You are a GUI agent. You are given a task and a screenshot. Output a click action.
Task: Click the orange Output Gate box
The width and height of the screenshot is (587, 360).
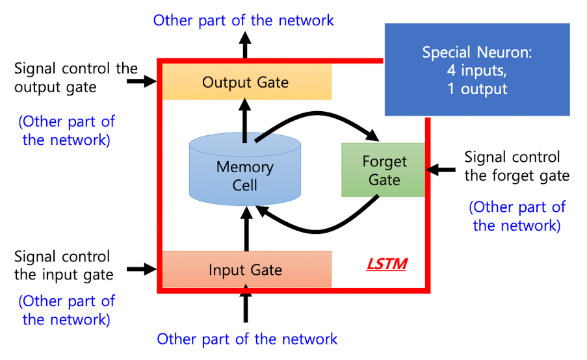click(246, 83)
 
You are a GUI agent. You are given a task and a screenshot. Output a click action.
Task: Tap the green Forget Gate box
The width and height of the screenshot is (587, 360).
click(384, 170)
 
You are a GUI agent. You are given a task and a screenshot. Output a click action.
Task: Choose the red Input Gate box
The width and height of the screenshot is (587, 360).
click(246, 269)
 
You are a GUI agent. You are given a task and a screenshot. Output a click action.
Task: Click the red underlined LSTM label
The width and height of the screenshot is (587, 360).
click(386, 264)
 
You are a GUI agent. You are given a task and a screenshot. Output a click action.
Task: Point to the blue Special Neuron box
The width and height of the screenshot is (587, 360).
click(477, 70)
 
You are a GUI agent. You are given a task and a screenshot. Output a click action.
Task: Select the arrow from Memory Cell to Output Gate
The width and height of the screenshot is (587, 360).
click(245, 120)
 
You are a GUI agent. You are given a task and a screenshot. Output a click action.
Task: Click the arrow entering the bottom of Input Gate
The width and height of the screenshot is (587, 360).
click(246, 307)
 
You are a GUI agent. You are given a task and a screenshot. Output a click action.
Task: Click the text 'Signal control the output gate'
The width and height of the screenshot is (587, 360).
click(75, 78)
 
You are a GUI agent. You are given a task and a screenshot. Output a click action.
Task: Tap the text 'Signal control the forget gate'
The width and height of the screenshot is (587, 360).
click(517, 166)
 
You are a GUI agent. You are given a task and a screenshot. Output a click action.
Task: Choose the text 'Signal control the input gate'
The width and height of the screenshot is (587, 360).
click(63, 265)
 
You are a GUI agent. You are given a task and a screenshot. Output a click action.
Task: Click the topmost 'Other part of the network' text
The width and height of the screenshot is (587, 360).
click(244, 20)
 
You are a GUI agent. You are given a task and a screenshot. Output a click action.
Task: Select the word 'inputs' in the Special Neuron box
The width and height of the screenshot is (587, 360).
click(485, 70)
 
